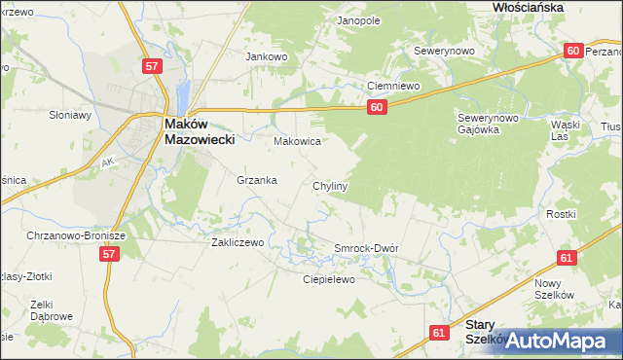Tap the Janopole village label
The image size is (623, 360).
tap(358, 19)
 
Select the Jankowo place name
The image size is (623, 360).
tap(267, 56)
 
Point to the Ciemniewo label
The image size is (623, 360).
tap(392, 86)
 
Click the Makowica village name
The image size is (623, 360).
tap(297, 141)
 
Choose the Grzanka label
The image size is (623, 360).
tap(257, 180)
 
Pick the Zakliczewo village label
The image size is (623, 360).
tap(238, 242)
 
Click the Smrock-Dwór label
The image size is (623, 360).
tap(367, 248)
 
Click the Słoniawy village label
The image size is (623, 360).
tap(69, 115)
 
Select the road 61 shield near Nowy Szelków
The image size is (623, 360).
tap(567, 258)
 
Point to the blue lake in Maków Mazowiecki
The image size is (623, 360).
tap(182, 96)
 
